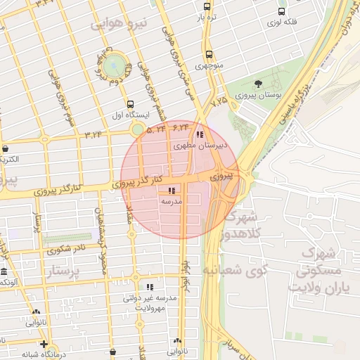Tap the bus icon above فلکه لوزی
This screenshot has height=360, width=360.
point(282,11)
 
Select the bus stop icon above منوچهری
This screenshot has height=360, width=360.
point(209,54)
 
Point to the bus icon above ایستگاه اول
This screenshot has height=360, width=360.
point(130,104)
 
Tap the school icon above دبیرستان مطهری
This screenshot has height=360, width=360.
point(200,134)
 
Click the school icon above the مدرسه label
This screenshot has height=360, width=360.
point(172,191)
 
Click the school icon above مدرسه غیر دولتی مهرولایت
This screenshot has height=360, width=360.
point(149,287)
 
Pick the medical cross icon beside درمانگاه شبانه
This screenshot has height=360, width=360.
point(44,345)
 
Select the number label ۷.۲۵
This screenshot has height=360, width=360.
point(220,103)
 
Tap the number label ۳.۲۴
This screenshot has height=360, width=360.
point(94,134)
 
